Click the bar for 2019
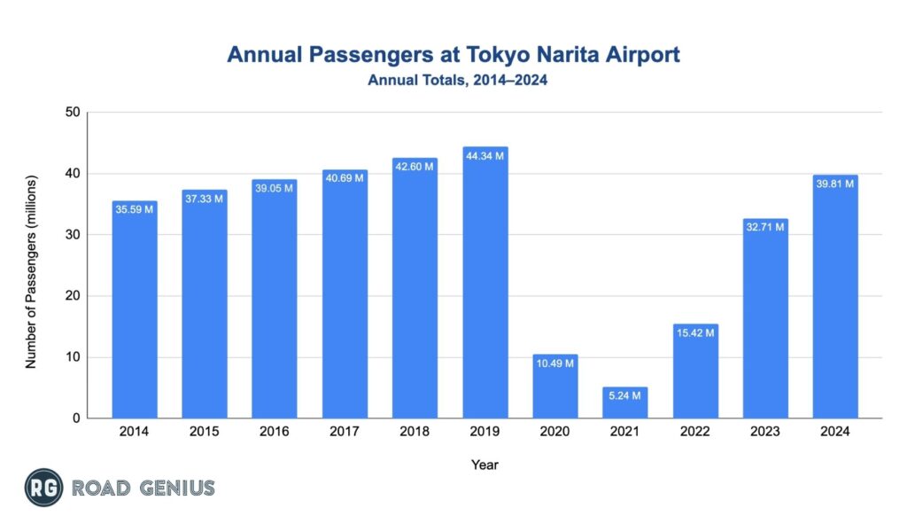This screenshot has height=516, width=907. (485, 284)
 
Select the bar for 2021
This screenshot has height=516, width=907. (625, 403)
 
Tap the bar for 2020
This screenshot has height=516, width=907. (555, 387)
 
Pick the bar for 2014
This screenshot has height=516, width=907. (135, 310)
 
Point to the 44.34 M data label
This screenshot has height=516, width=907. (485, 156)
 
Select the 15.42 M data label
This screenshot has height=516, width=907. (695, 333)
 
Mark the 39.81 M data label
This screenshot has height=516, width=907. (835, 184)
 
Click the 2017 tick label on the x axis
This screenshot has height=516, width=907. (345, 432)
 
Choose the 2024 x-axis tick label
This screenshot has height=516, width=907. (835, 432)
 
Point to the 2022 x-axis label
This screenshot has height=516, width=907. (695, 432)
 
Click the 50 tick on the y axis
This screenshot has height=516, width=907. (73, 113)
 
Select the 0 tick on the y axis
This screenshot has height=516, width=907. (77, 418)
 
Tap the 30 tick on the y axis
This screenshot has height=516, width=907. (73, 235)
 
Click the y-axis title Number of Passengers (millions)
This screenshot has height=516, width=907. (31, 266)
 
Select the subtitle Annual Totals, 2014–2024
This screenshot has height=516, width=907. (453, 80)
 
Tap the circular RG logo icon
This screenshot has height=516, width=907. (43, 488)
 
